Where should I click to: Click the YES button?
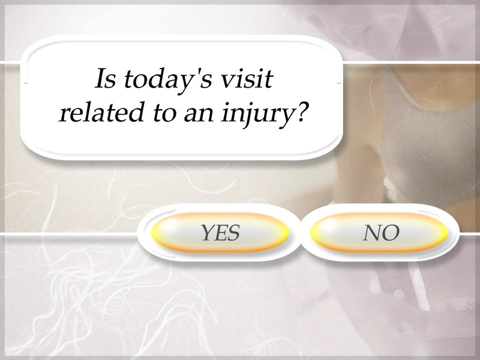point(220,232)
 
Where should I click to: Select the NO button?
point(382,232)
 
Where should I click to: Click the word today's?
point(167,81)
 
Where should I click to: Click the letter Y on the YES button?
point(206,232)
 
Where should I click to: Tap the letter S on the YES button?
point(232,232)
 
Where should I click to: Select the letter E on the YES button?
point(220,232)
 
